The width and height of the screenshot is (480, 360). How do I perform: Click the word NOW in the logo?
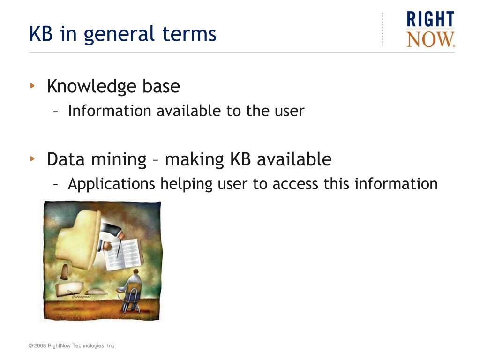431,39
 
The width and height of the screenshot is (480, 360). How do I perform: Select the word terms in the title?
189,34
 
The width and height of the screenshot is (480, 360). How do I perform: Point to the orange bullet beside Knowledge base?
32,86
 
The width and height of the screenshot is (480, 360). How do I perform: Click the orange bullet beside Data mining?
32,158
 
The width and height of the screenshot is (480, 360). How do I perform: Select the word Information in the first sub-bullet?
109,111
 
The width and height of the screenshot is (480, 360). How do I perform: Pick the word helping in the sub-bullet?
187,185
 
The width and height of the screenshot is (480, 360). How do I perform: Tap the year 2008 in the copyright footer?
40,345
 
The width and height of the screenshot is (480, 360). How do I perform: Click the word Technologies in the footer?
88,346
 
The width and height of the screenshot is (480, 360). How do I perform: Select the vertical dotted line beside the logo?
382,29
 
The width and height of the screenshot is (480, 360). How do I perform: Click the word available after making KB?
294,159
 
